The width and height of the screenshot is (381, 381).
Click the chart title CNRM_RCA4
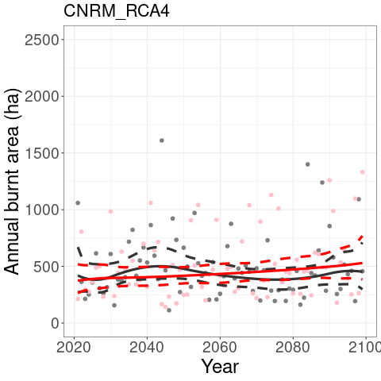[x=117, y=11]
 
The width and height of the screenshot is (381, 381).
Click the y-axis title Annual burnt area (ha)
[x=12, y=182]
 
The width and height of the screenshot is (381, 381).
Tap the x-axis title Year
[x=220, y=367]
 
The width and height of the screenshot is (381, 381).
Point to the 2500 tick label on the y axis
[x=41, y=40]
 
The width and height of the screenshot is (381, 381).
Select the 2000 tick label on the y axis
[x=41, y=97]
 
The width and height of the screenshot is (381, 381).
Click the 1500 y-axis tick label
[x=41, y=153]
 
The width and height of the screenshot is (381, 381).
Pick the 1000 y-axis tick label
[x=41, y=210]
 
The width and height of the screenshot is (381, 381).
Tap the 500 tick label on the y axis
[x=45, y=267]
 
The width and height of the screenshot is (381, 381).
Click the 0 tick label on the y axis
[x=55, y=324]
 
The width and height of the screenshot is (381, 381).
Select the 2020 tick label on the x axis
[x=74, y=348]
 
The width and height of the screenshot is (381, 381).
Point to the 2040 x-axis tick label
[x=147, y=348]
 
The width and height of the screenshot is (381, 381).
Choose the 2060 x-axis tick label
[x=220, y=348]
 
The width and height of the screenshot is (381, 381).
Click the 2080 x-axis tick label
[x=293, y=348]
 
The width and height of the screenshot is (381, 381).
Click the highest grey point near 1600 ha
[x=162, y=140]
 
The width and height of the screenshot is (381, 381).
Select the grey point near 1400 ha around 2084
[x=307, y=164]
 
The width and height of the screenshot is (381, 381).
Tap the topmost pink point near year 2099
[x=362, y=172]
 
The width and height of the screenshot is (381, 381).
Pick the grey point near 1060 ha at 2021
[x=78, y=203]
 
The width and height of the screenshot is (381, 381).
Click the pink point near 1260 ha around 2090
[x=329, y=180]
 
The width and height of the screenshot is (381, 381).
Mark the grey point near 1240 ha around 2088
[x=322, y=183]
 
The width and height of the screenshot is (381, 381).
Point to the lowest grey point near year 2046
[x=169, y=310]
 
